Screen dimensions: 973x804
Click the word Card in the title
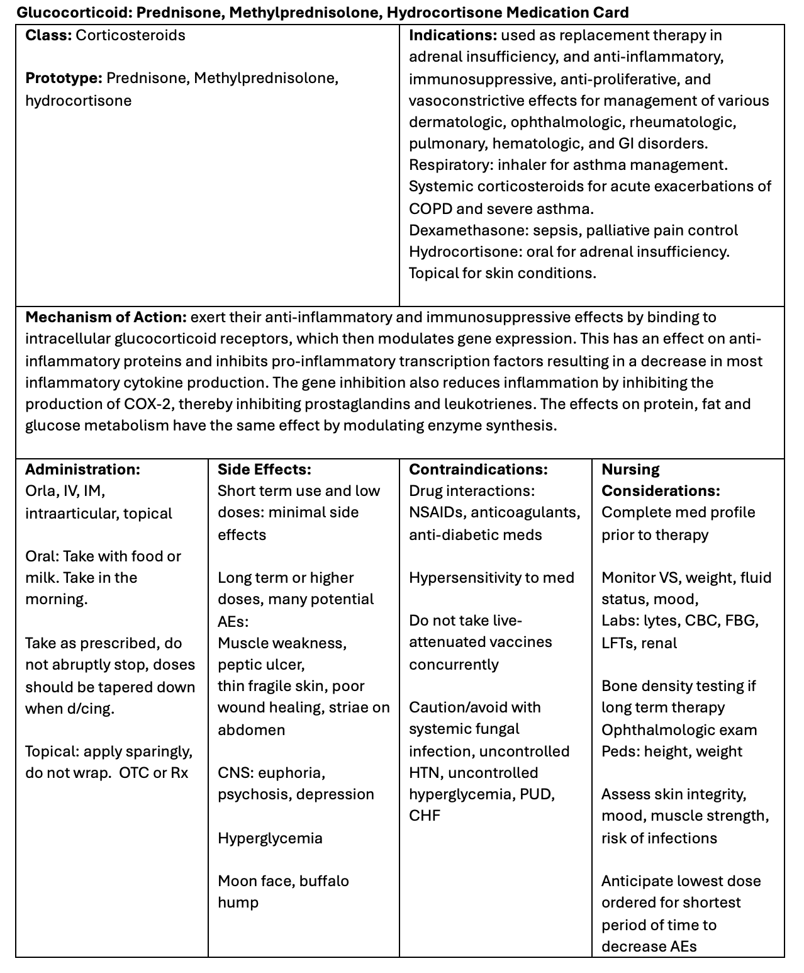pos(608,13)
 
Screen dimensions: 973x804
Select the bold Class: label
pos(48,35)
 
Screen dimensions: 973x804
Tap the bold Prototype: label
pos(64,79)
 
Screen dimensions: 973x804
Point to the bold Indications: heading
pos(452,35)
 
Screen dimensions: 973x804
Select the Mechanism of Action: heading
pos(106,317)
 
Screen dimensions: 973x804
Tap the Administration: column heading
pos(82,470)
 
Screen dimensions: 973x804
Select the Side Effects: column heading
pos(264,470)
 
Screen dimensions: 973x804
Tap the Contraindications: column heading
pos(478,470)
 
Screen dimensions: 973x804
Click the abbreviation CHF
pos(425,816)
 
